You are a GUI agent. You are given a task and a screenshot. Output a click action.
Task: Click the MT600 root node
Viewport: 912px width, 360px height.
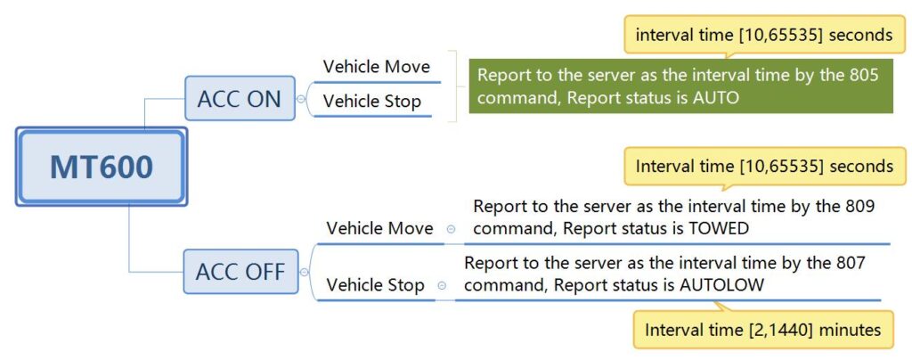101,168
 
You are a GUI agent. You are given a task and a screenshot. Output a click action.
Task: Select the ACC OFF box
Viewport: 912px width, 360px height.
240,272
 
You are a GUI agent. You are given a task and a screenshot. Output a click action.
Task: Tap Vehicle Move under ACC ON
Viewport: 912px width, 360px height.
376,67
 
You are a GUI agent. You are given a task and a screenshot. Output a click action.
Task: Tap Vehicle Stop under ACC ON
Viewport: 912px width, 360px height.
371,102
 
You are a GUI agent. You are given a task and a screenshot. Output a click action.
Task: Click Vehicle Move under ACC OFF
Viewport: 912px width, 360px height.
379,228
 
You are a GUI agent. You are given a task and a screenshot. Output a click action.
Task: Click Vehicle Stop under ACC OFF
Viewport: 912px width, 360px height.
375,285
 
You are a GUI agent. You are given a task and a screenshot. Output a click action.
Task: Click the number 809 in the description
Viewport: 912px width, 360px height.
859,206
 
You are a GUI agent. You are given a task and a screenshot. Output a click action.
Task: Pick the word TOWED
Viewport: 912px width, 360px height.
713,228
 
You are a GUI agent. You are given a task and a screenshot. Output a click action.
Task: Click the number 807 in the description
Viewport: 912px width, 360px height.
850,263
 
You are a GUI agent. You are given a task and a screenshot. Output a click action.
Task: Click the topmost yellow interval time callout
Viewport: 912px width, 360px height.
763,35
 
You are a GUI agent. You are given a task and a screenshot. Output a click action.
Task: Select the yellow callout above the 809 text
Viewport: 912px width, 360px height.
763,167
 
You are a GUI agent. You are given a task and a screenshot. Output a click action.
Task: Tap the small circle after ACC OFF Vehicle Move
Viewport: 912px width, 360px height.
451,229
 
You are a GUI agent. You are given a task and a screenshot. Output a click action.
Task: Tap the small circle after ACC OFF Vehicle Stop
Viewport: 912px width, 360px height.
442,286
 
